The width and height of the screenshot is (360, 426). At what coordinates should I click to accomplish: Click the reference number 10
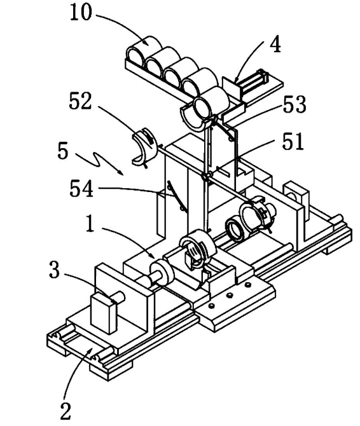coord(81,13)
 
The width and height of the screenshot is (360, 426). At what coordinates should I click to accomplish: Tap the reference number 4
coord(275,45)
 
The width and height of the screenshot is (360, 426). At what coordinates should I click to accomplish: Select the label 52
coord(80,100)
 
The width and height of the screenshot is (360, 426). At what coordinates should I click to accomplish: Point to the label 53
coord(294,104)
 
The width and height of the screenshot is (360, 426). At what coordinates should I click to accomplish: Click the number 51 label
coord(293,141)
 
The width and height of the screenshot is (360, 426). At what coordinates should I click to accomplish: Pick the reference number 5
coord(63,151)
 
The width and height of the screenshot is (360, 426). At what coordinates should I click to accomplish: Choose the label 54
coord(81,188)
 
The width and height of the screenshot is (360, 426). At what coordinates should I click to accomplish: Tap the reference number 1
coord(90,223)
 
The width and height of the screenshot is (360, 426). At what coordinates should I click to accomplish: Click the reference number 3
coord(54,270)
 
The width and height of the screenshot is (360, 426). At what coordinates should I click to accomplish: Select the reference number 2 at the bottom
coord(66,411)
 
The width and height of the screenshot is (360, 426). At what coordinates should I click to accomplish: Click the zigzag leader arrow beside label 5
coord(99,163)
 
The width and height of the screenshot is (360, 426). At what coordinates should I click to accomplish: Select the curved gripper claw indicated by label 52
coord(144,147)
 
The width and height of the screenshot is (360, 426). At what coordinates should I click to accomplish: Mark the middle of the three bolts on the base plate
coord(230,295)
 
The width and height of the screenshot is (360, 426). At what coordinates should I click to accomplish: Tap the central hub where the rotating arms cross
coord(205,177)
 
